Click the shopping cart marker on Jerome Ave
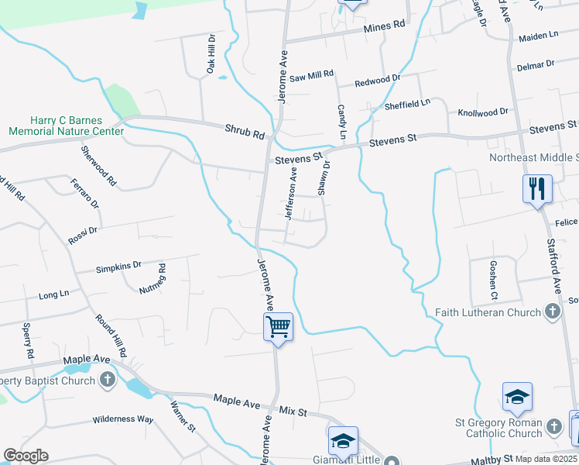tap(278, 325)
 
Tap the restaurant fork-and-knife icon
tap(537, 188)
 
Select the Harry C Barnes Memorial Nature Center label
tap(66, 126)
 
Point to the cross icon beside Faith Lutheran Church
tap(552, 312)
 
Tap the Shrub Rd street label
tap(245, 132)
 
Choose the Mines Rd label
tap(384, 26)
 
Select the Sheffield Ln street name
tap(408, 104)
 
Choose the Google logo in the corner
tap(26, 455)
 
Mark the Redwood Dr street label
tap(377, 80)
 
